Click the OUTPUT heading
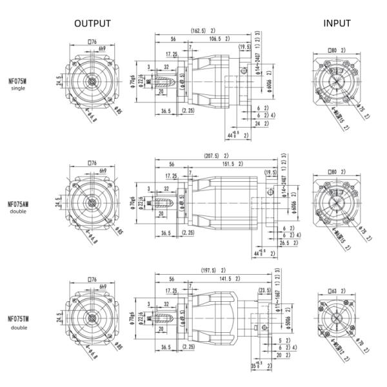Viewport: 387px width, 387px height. tap(92, 23)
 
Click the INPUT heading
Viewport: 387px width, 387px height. tap(337, 23)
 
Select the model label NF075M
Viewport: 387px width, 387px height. tap(18, 81)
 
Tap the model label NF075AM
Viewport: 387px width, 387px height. tap(18, 203)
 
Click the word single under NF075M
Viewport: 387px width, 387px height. tap(18, 88)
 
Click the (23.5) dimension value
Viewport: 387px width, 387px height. tap(264, 290)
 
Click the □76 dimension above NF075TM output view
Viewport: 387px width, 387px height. tap(92, 280)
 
